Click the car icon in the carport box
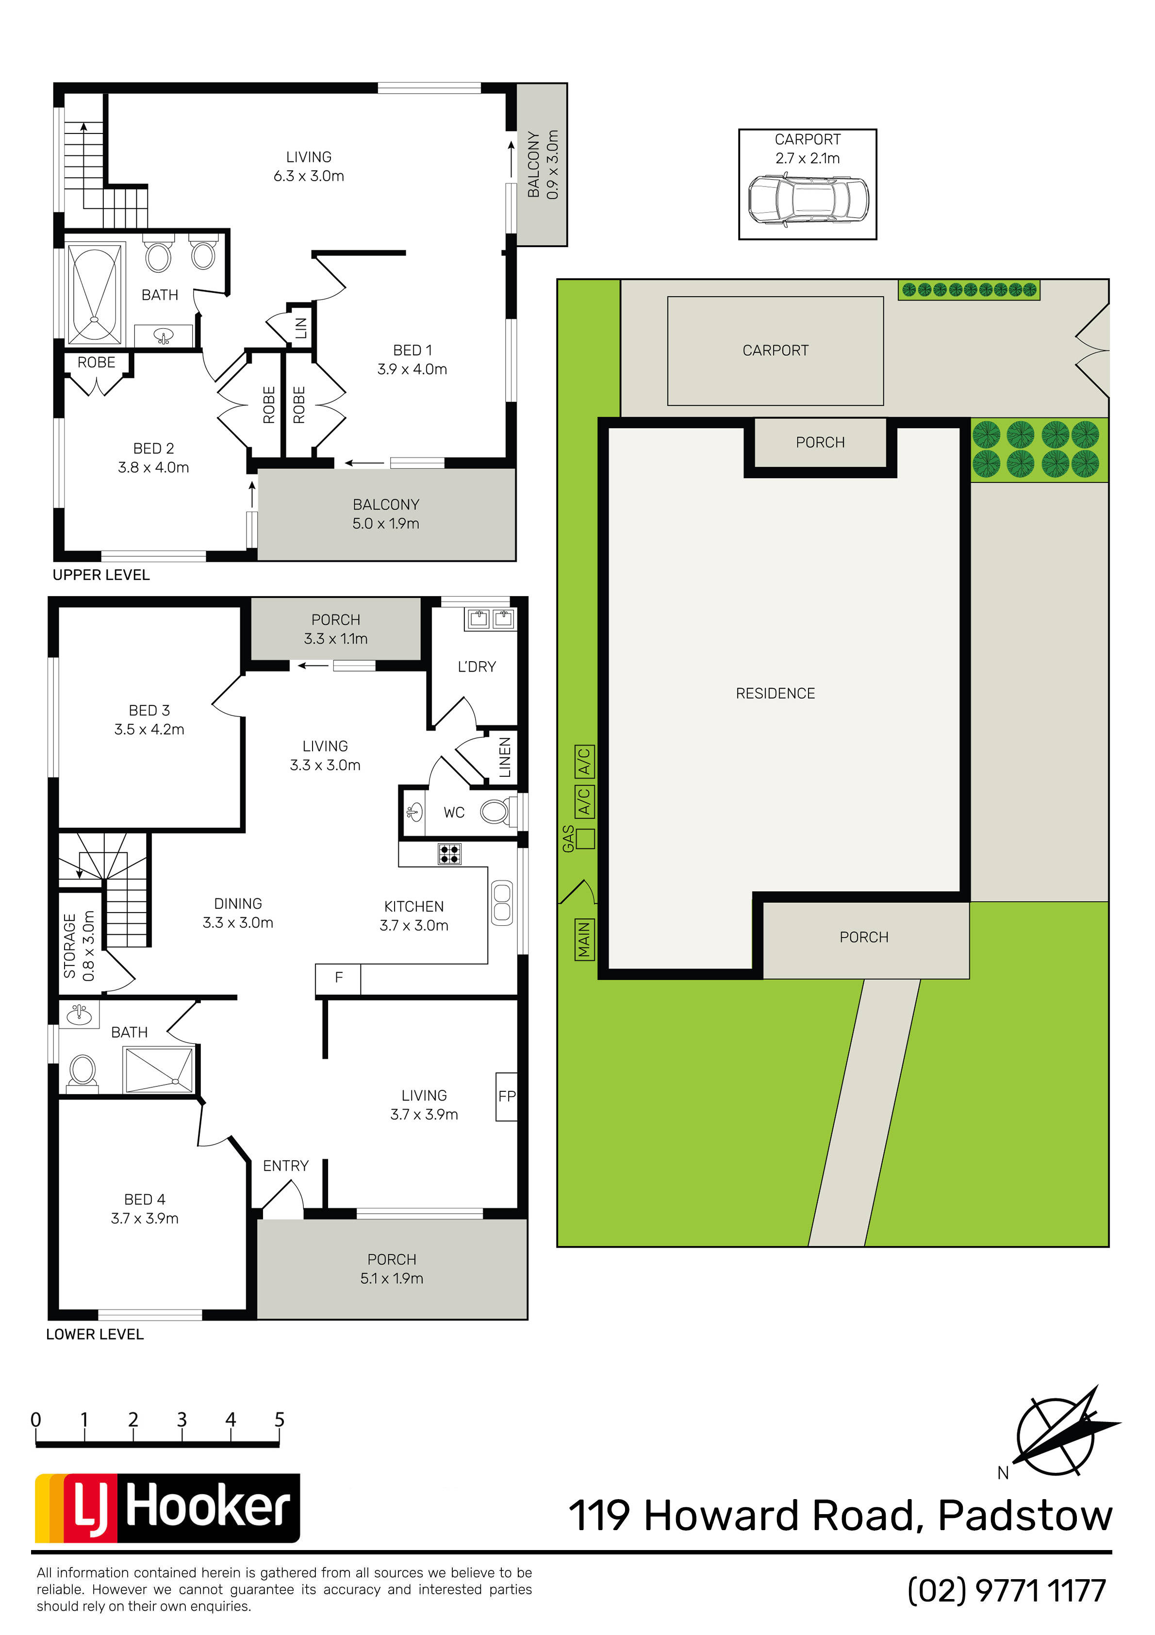[808, 201]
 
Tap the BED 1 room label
[412, 350]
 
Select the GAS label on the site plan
[568, 838]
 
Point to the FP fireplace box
[506, 1097]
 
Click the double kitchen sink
[502, 903]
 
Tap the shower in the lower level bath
[158, 1069]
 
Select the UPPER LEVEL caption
[101, 575]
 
